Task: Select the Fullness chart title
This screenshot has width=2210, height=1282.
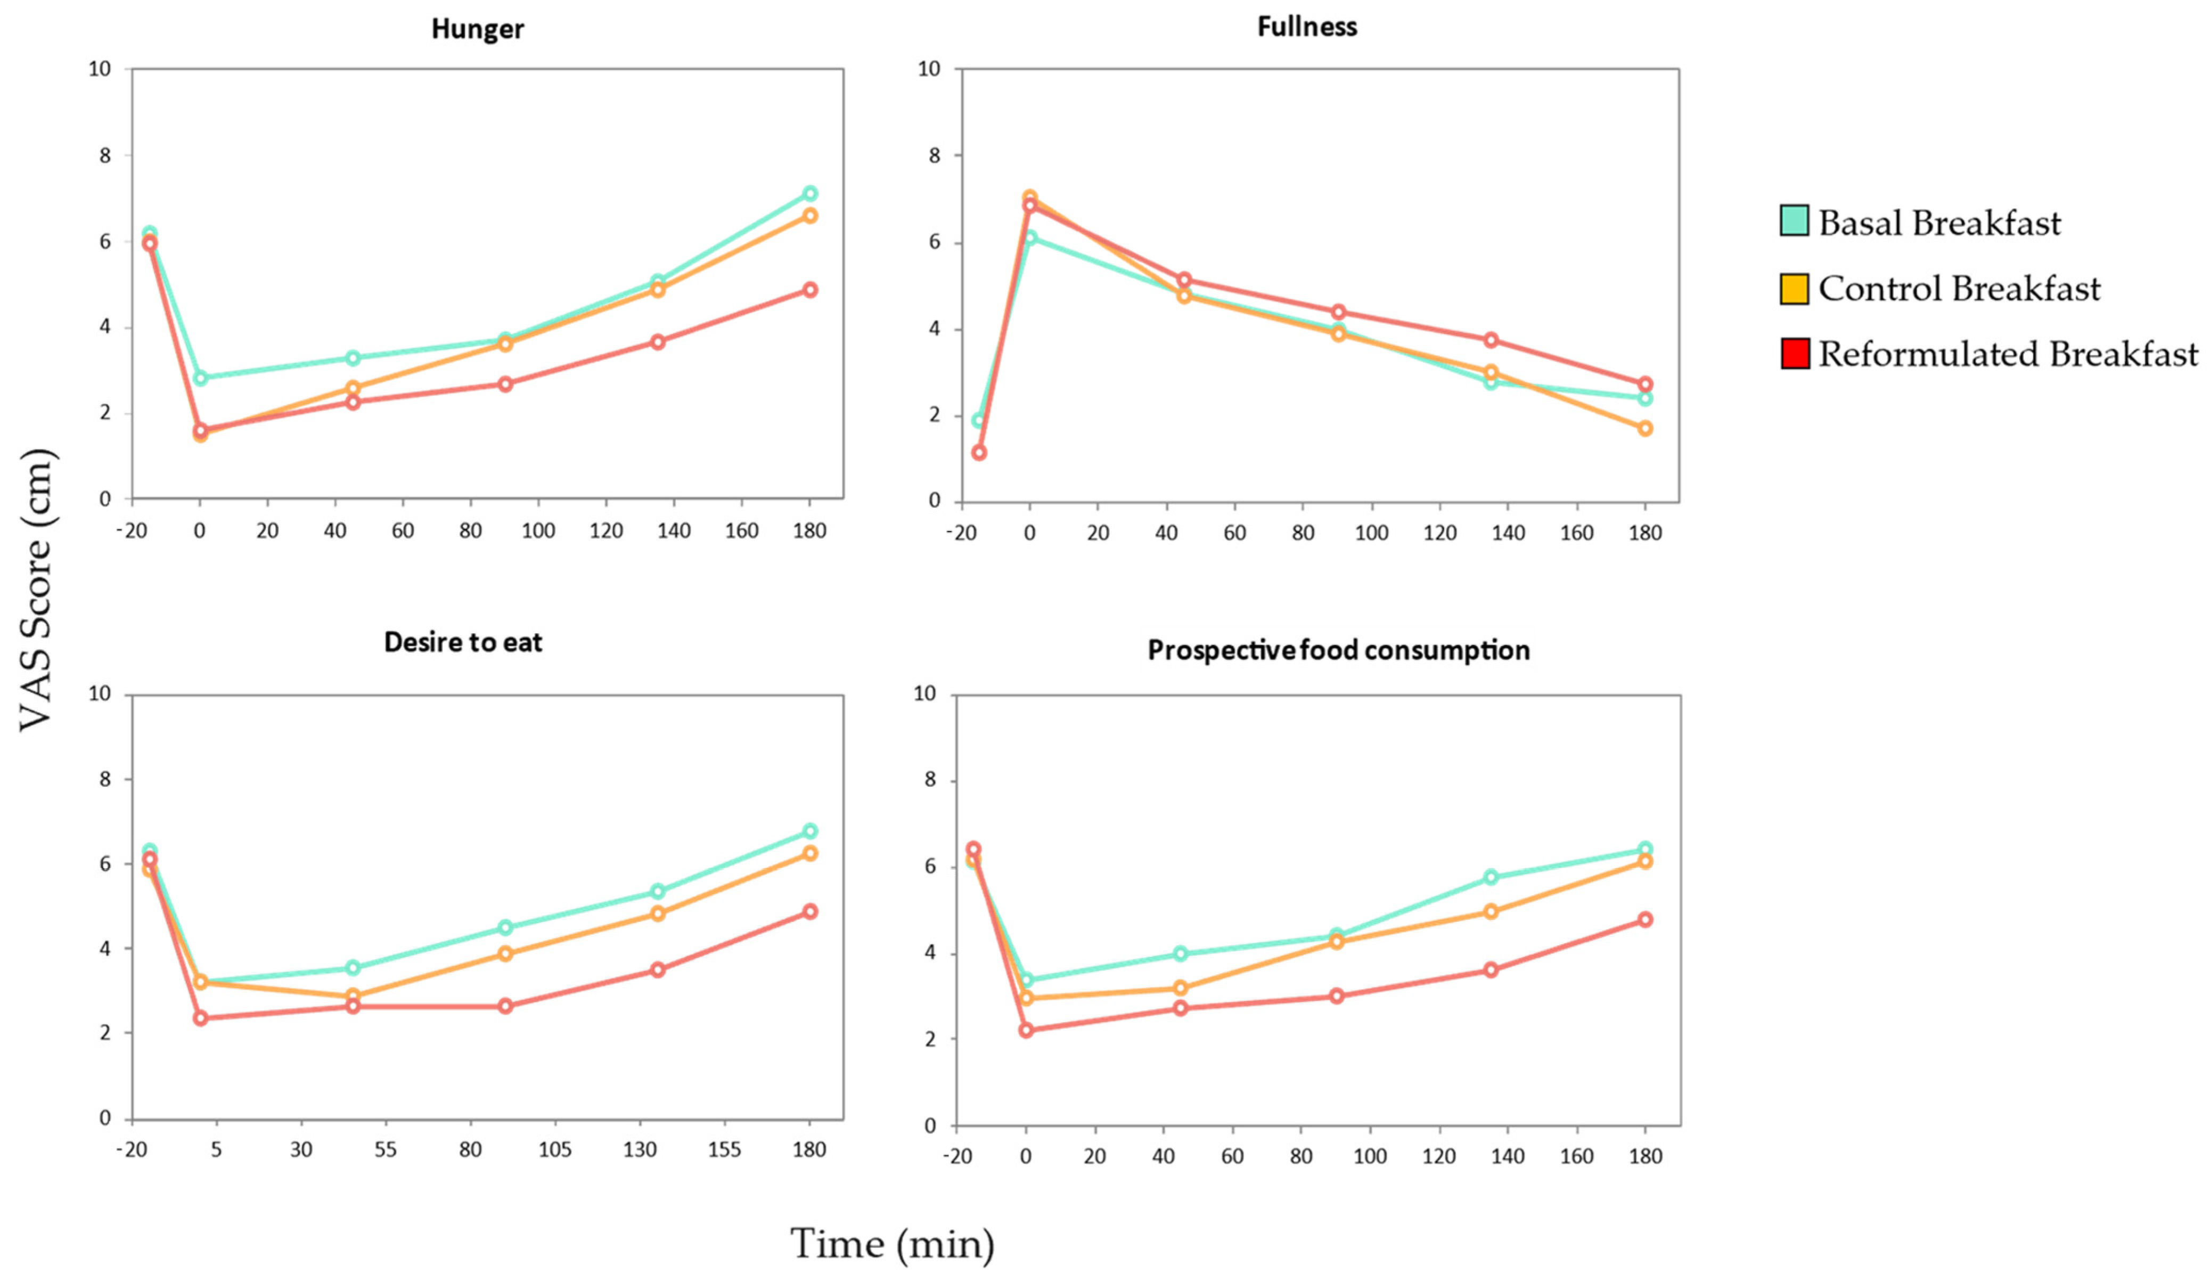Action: [x=1307, y=27]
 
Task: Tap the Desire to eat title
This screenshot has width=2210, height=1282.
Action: [x=463, y=643]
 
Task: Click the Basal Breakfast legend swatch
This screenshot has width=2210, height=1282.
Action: [x=1794, y=221]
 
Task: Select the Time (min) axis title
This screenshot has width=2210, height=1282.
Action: [x=892, y=1244]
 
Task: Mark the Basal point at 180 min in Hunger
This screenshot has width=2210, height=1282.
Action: [x=809, y=193]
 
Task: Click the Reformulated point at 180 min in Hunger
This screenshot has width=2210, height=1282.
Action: [x=809, y=289]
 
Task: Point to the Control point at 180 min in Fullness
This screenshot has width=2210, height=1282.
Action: [x=1645, y=428]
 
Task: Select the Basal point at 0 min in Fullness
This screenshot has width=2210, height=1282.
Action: [x=1030, y=238]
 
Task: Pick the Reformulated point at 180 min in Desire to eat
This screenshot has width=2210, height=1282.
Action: [x=809, y=911]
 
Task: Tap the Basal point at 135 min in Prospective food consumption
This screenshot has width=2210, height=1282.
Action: [x=1491, y=877]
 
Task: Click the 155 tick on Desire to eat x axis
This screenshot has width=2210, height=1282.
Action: [x=724, y=1149]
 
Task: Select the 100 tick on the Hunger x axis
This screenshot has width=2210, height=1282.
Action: [x=538, y=530]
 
